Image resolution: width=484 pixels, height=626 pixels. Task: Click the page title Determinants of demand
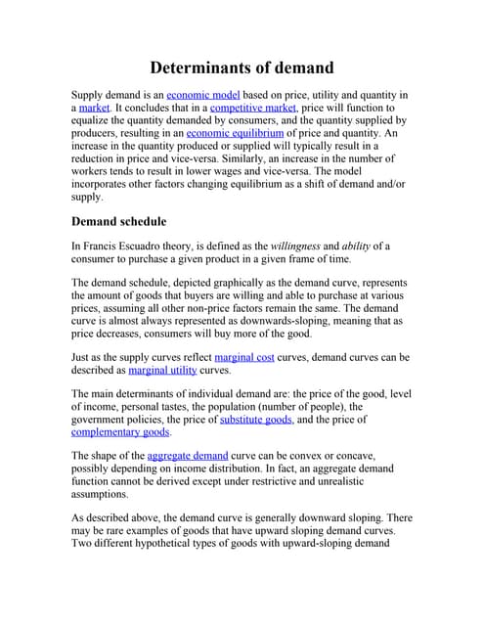(x=242, y=67)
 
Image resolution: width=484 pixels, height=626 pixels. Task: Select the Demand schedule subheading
(x=119, y=221)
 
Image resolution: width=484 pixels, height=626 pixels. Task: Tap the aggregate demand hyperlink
(x=187, y=456)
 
